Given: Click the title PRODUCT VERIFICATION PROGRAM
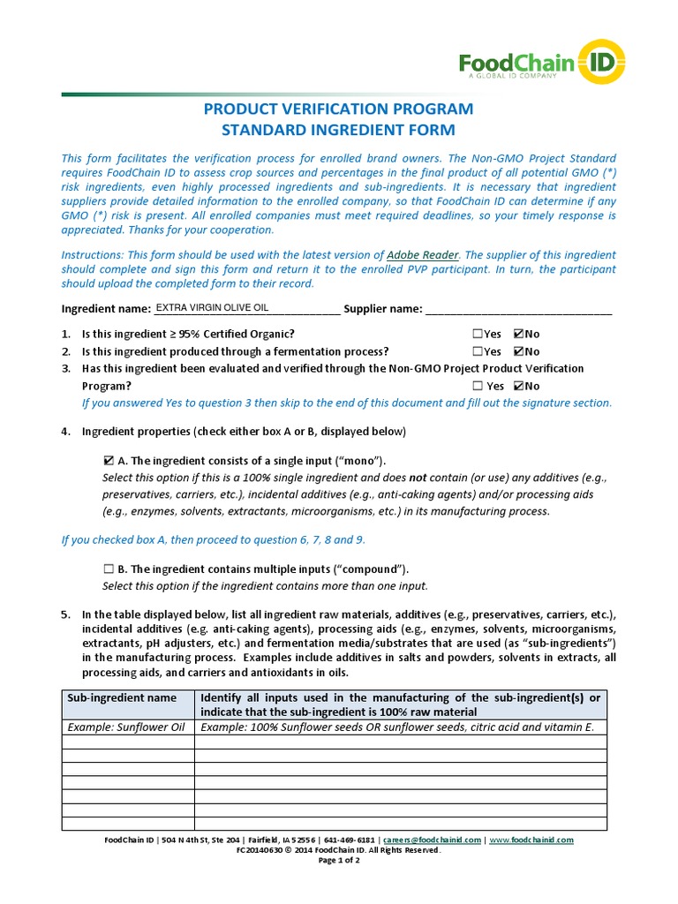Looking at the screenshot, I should (338, 109).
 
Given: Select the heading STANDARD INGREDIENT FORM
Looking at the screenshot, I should (338, 131).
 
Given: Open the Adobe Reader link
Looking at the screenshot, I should (423, 253).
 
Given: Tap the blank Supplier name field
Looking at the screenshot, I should (518, 309).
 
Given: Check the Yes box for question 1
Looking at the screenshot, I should (478, 334).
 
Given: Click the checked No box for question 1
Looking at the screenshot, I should (518, 334).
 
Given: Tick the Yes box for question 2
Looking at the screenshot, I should (478, 351).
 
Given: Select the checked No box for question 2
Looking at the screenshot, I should (518, 351).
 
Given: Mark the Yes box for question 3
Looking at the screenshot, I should (478, 386).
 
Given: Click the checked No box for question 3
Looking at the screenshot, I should (518, 386).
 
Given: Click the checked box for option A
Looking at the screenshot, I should (108, 461).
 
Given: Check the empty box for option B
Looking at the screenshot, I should (108, 569).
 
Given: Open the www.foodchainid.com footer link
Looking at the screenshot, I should (531, 840).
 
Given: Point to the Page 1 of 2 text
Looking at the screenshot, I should (338, 860).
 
